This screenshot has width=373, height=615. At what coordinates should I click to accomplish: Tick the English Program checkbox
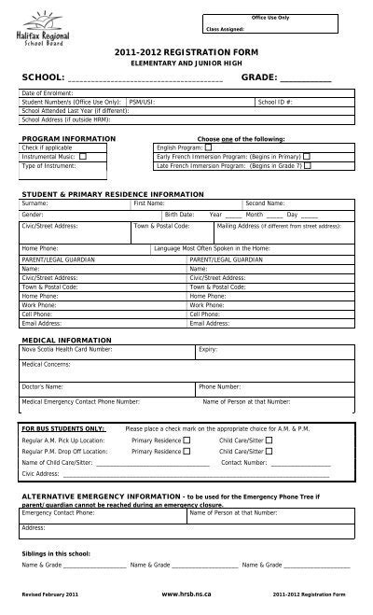pos(208,147)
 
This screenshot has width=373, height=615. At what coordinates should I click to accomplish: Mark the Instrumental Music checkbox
pos(83,157)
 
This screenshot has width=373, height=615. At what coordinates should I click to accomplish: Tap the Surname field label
pos(35,203)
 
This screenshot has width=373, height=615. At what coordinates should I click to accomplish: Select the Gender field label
pos(33,214)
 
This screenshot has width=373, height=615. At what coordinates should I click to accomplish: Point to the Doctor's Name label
pos(43,385)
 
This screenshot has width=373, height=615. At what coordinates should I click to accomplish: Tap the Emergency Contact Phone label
pos(62,512)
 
